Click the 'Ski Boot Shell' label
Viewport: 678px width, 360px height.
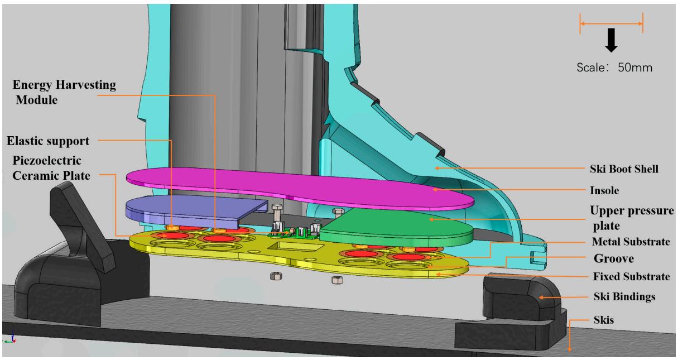(x=624, y=169)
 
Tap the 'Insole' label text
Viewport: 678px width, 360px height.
(x=604, y=190)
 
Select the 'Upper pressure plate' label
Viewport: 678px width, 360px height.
(x=632, y=218)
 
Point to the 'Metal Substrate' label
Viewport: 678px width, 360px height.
(x=631, y=241)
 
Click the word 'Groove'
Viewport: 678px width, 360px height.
(x=613, y=258)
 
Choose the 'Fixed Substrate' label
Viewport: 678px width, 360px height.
(x=631, y=276)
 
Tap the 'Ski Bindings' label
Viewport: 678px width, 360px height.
(x=624, y=296)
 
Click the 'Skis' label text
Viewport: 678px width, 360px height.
(x=604, y=320)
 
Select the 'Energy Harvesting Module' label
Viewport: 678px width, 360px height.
(x=64, y=92)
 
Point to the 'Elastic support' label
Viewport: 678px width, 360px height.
(x=48, y=141)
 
